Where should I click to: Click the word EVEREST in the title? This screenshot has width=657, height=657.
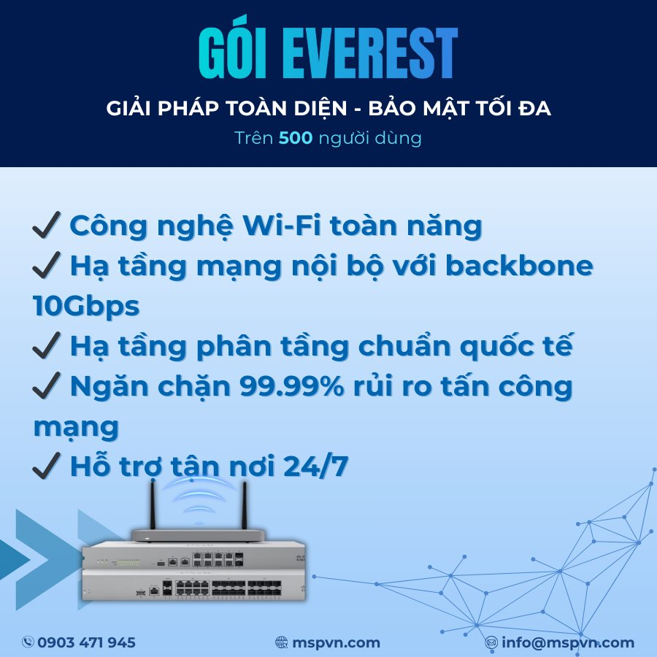point(370,53)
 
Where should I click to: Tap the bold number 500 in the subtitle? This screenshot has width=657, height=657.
point(296,138)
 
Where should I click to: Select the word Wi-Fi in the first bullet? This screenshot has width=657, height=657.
point(282,226)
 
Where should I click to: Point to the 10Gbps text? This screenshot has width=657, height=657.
point(86,306)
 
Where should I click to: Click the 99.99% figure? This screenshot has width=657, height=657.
point(291,386)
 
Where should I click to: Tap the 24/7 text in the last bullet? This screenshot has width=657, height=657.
point(315,466)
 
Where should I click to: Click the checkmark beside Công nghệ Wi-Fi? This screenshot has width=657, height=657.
point(46,225)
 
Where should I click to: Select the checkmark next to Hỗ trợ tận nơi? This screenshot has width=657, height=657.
point(46,466)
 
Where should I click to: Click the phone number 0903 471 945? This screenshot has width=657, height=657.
point(86,642)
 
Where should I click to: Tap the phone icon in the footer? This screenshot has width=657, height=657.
point(28,642)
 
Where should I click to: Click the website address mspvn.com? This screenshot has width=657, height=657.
point(336,642)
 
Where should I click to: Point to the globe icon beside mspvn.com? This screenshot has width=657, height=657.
point(282,642)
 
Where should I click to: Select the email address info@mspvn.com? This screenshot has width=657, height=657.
point(568,642)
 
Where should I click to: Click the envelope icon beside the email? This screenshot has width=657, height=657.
point(491,642)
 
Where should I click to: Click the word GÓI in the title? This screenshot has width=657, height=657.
point(233,48)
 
